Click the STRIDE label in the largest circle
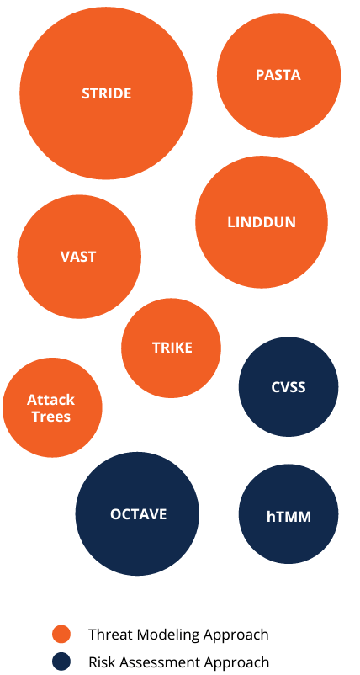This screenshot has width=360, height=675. point(106,93)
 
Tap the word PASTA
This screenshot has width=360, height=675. point(278,75)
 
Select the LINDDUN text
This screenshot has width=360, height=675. point(262,222)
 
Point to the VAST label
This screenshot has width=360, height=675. point(78,257)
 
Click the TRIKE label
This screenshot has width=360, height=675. point(172,348)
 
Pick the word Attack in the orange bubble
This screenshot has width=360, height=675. point(50,400)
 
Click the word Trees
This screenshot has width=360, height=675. point(50,417)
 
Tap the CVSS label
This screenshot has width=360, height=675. point(289,387)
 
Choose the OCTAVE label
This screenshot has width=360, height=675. point(138,514)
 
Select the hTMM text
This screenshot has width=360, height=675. point(289,516)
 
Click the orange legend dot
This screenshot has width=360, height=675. point(61,635)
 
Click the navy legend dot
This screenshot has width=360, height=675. point(61,662)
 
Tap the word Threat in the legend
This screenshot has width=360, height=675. point(108,635)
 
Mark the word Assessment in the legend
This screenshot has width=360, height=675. point(159,662)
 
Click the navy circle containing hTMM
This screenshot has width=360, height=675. point(289,514)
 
